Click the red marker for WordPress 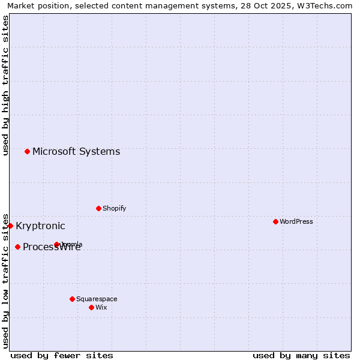click(x=275, y=221)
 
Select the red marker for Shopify click(x=98, y=208)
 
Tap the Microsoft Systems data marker click(x=27, y=151)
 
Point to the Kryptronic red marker click(x=10, y=226)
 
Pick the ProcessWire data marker click(x=17, y=247)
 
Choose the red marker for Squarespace click(x=72, y=299)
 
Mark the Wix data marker click(x=91, y=307)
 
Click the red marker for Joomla click(x=56, y=244)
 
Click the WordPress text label click(x=296, y=221)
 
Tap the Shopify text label click(x=114, y=208)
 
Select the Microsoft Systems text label click(x=76, y=151)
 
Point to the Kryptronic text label click(x=40, y=226)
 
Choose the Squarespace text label click(x=97, y=299)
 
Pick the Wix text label click(x=101, y=307)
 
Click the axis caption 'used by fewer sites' click(x=62, y=355)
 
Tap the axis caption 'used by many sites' click(x=301, y=355)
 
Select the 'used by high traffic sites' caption click(x=5, y=85)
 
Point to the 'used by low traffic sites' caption click(x=5, y=280)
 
